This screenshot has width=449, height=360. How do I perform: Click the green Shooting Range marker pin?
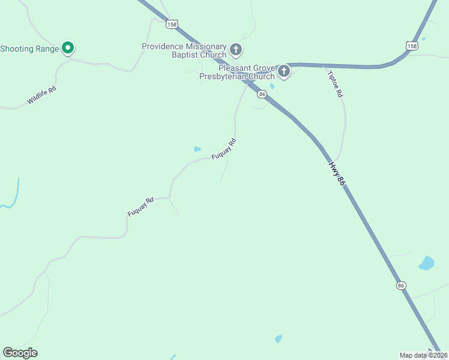click(68, 48)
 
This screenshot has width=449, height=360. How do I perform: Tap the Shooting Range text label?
click(29, 49)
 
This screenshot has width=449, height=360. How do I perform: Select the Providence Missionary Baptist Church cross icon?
click(236, 49)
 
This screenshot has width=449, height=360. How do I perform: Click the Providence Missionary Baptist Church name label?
click(184, 50)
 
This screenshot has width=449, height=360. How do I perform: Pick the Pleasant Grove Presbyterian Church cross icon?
click(283, 72)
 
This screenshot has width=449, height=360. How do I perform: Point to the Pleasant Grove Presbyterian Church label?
click(246, 72)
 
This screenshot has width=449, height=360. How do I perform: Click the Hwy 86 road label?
click(337, 173)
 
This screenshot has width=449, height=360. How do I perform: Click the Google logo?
click(20, 353)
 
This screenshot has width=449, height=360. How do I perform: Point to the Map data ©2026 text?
click(423, 355)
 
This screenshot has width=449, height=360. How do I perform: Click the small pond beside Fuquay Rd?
click(197, 149)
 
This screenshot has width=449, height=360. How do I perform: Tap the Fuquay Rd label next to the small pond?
click(225, 149)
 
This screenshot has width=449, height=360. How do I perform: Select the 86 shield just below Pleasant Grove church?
click(262, 94)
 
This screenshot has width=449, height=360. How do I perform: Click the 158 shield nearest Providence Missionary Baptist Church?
click(173, 24)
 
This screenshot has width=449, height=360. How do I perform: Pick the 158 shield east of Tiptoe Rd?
click(411, 46)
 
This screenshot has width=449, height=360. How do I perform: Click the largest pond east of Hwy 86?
click(426, 263)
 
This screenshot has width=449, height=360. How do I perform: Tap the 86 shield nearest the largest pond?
click(401, 286)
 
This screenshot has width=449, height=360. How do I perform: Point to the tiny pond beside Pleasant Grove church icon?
click(273, 86)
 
